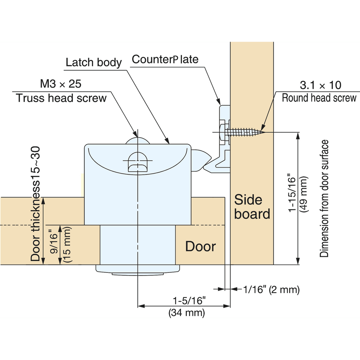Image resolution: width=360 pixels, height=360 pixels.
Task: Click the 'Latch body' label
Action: click(94, 62)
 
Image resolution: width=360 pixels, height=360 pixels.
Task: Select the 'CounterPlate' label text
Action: click(165, 59)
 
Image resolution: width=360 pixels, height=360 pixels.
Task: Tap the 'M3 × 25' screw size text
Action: click(61, 83)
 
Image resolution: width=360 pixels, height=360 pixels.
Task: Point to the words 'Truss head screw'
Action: click(61, 98)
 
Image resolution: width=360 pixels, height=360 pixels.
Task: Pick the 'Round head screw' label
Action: click(319, 98)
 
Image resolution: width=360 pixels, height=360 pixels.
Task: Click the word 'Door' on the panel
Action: click(200, 247)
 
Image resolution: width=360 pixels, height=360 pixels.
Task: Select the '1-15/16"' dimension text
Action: click(292, 193)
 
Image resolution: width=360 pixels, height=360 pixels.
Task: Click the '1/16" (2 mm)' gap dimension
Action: click(271, 290)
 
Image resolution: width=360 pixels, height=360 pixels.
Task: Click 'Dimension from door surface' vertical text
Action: click(324, 199)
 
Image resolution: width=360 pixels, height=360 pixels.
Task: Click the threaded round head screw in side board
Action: click(243, 132)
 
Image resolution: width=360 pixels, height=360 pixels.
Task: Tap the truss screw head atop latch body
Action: click(137, 140)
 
